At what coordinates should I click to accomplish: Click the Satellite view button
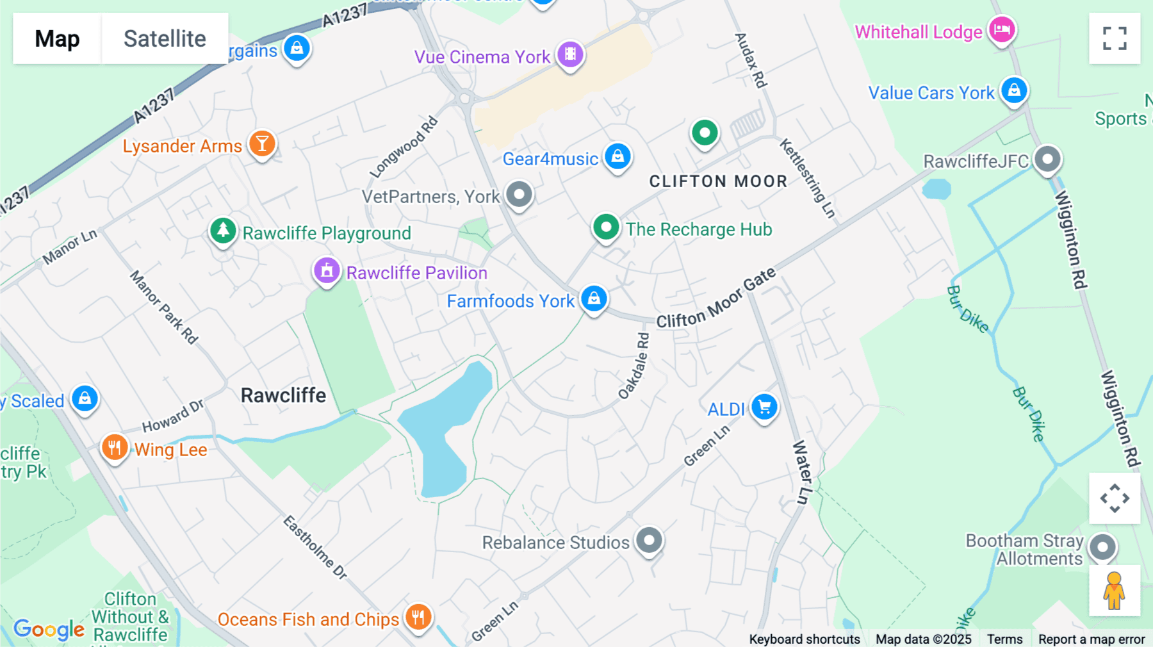coord(165,38)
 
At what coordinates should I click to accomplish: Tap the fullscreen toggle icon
coord(1114,38)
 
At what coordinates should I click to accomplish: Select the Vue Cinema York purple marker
coord(569,54)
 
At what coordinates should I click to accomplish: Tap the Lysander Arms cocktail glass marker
coord(262,143)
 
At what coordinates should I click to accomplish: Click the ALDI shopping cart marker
coord(764,407)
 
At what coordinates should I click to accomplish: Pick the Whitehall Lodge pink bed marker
coord(1002,29)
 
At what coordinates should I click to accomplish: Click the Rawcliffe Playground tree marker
coord(223,230)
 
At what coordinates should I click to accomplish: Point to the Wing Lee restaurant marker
coord(115,447)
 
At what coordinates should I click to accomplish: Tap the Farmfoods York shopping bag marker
coord(594,299)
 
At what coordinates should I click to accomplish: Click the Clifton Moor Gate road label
coord(716,299)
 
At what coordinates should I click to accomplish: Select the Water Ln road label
coord(802,471)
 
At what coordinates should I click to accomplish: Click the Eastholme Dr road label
coord(315,546)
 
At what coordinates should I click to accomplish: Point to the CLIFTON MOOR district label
coord(718,181)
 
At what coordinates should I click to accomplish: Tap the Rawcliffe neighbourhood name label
coord(283,395)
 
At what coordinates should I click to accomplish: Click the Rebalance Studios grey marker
coord(649,540)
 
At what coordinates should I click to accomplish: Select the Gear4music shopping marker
coord(617,156)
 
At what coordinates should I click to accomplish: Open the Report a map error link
coord(1091,639)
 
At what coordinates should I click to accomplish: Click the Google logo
coord(49,629)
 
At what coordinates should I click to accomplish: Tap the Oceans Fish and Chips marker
coord(418,617)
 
